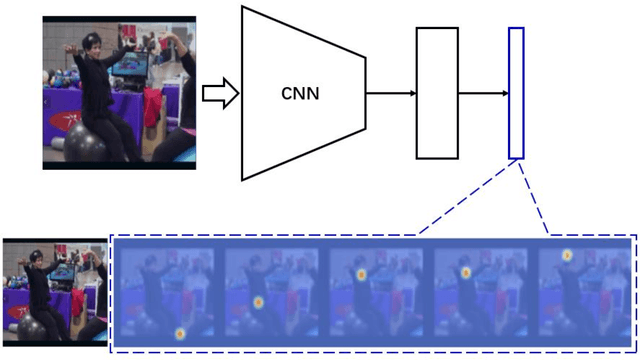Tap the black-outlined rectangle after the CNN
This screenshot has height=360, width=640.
(x=437, y=94)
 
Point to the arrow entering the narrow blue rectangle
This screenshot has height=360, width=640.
(x=483, y=94)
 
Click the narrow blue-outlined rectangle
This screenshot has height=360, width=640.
(x=516, y=93)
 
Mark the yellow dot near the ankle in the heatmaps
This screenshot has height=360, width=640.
(x=180, y=333)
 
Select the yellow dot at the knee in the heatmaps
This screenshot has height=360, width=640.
(x=257, y=301)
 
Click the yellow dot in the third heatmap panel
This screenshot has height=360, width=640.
(x=360, y=272)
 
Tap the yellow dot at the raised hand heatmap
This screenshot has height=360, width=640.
(x=566, y=255)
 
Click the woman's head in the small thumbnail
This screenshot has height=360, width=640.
(x=36, y=262)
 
